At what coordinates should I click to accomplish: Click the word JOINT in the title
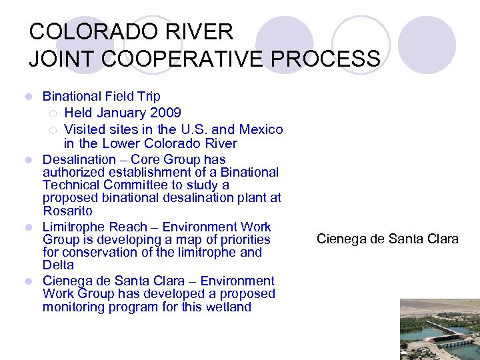56,59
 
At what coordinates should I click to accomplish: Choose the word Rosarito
67,211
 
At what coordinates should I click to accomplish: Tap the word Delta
58,265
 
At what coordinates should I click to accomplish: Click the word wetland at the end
229,307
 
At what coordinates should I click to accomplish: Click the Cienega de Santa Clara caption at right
387,239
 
